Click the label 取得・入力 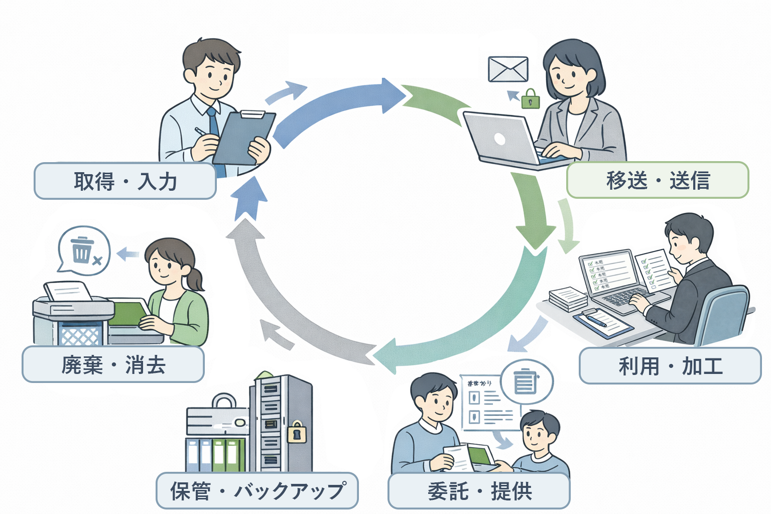click(x=125, y=181)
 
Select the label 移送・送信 click(x=658, y=180)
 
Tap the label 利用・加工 click(x=670, y=366)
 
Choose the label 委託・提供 click(x=479, y=490)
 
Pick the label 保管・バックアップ click(x=257, y=490)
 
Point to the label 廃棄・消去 click(x=113, y=364)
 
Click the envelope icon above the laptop click(x=508, y=69)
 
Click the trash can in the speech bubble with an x click(x=82, y=250)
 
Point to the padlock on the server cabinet click(x=297, y=431)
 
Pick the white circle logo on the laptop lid click(x=499, y=139)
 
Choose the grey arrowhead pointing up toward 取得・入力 click(x=244, y=233)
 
